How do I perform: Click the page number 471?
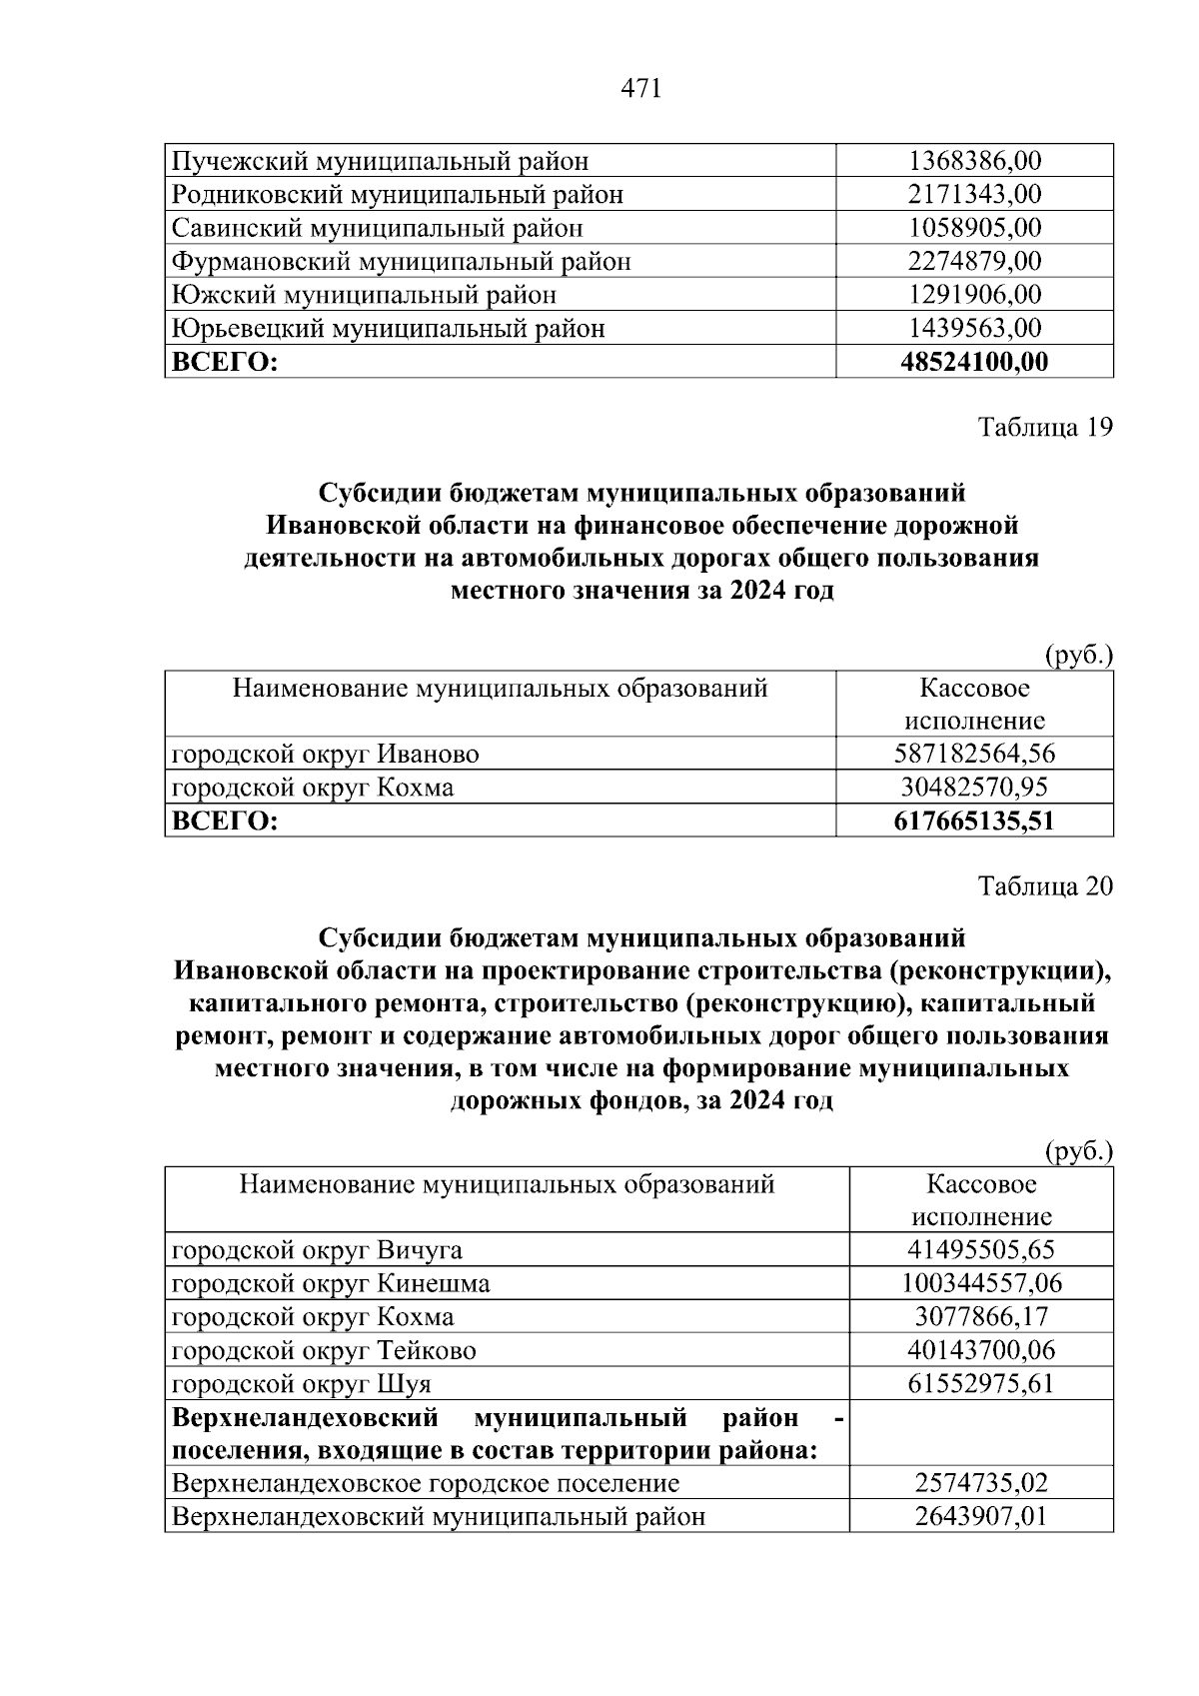point(641,89)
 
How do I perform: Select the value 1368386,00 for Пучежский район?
point(974,161)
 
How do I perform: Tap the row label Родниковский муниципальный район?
point(398,195)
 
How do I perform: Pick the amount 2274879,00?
point(974,262)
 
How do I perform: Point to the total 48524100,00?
point(974,362)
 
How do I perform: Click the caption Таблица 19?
point(1044,428)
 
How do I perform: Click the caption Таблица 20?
point(1044,886)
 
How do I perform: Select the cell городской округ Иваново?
point(326,754)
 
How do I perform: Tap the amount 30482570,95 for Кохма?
point(974,788)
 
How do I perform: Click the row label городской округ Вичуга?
point(318,1250)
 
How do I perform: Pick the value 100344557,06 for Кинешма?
point(981,1283)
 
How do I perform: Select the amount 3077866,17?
point(981,1317)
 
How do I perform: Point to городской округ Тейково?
point(325,1351)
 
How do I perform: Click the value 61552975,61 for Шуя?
point(981,1384)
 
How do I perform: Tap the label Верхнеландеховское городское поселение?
point(426,1483)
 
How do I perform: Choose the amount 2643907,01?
point(981,1517)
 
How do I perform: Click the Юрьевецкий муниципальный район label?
point(389,329)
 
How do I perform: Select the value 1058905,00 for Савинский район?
point(974,228)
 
